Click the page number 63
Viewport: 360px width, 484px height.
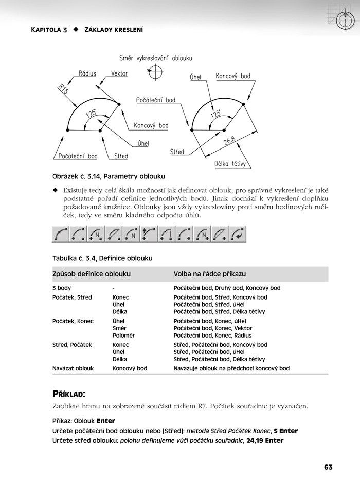tap(329, 467)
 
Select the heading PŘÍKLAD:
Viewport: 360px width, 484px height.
tap(69, 394)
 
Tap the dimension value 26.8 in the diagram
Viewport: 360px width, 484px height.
tap(229, 141)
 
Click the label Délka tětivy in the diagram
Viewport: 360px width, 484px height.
tap(232, 164)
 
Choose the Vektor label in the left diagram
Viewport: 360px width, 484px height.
tap(119, 73)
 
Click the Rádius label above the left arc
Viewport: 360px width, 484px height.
tap(87, 73)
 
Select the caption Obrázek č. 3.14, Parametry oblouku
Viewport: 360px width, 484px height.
tap(109, 176)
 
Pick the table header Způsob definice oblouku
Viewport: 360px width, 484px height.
tap(92, 274)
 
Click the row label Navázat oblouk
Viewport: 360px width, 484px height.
tap(73, 368)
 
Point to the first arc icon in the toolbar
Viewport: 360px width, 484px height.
tap(61, 234)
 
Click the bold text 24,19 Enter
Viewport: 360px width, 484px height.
tap(265, 440)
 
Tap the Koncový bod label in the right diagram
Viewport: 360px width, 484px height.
tap(233, 76)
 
